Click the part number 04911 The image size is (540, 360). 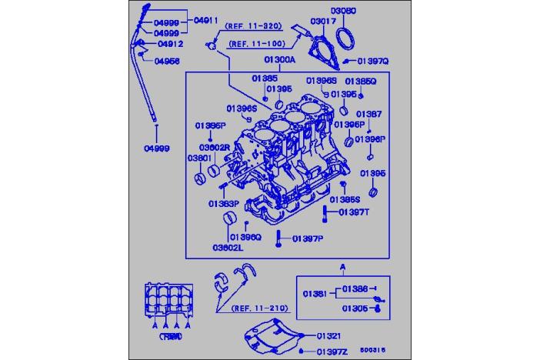click(205, 18)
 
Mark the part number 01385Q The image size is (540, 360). click(360, 81)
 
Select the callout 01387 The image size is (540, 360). click(368, 114)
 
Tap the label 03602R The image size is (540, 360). click(215, 146)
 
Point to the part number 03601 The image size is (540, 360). click(199, 158)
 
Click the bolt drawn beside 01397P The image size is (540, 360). click(278, 239)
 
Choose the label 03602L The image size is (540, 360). click(228, 248)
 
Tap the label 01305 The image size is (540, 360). click(355, 308)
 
